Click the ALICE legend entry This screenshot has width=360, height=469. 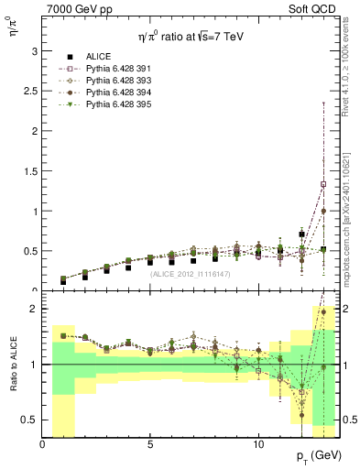[97, 56]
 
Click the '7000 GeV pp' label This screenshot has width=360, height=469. [76, 7]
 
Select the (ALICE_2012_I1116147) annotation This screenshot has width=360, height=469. [189, 273]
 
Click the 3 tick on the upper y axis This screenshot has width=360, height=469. [33, 50]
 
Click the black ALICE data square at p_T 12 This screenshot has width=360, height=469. [301, 234]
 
